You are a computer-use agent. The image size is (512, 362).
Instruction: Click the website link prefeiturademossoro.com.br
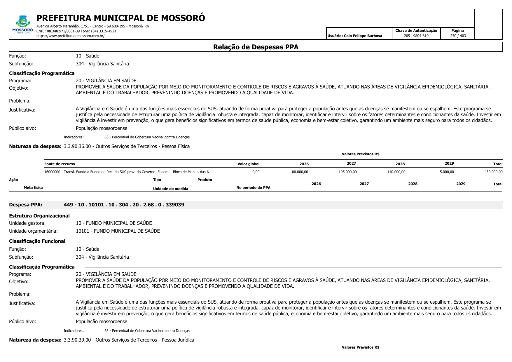coord(70,36)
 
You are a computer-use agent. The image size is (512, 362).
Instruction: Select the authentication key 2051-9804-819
coord(416,36)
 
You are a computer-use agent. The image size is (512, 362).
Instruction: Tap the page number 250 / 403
coord(458,36)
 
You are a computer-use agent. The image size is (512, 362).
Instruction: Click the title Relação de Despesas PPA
coord(256,47)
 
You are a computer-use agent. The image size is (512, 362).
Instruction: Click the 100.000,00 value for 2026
coord(299,172)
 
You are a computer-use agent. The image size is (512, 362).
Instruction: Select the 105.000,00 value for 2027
coord(347,172)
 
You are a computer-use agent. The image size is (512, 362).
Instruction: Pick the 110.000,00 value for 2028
coord(396,172)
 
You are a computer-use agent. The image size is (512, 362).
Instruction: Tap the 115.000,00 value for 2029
coord(445,172)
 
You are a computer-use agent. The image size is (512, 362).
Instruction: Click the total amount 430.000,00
coord(493,172)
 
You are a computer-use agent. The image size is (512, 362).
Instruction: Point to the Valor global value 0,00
coord(256,172)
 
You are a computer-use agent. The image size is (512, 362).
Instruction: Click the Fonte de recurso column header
coord(60,164)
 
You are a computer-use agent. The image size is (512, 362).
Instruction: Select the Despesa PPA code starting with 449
coord(124,205)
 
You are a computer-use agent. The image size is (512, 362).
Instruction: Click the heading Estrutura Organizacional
coord(39,216)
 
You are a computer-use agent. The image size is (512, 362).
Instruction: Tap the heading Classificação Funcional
coord(37,241)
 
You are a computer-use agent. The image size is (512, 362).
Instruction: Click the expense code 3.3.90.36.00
coord(77,147)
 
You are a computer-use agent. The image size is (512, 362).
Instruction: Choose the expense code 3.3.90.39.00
coord(77,340)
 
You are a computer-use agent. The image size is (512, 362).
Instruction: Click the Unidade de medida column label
coord(170,189)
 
